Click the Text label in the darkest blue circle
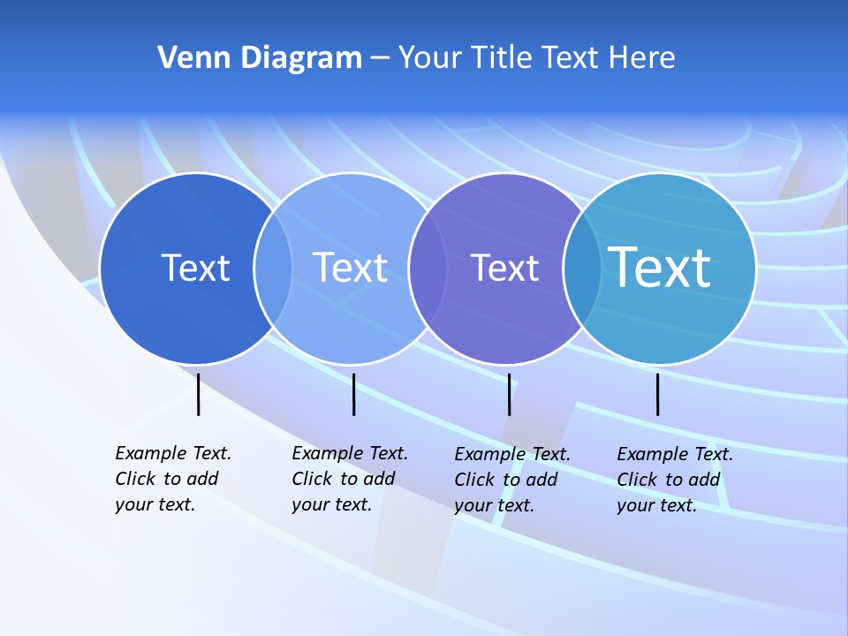pos(195,268)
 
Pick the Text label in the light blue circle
pos(350,268)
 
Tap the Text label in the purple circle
pos(504,268)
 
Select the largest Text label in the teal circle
pos(659,267)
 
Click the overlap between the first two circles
pos(273,269)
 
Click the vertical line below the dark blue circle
pos(198,394)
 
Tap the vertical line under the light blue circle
pos(353,394)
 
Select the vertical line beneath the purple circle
pos(509,394)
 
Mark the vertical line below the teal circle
pos(657,394)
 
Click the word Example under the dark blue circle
pos(145,453)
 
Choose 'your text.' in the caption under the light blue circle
pos(331,505)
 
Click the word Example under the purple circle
pos(484,454)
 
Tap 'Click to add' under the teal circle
pos(668,480)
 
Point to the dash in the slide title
pos(380,58)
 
